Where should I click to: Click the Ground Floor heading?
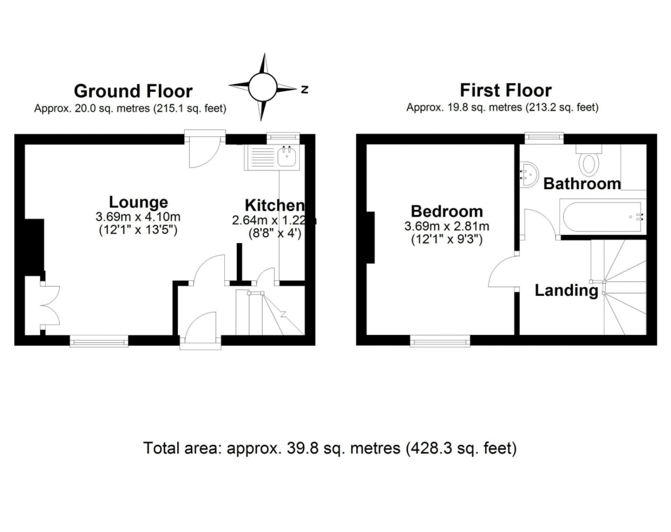tap(133, 91)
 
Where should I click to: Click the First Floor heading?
tap(505, 90)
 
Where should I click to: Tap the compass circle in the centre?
tap(263, 87)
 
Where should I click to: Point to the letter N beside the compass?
tap(305, 89)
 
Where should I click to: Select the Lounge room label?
tap(138, 202)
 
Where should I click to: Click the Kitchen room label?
tap(274, 205)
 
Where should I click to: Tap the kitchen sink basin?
tap(287, 157)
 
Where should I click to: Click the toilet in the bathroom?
tap(589, 162)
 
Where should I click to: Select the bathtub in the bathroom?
tap(602, 217)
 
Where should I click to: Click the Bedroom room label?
tap(447, 211)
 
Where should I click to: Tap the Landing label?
tap(565, 290)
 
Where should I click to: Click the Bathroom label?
tap(582, 183)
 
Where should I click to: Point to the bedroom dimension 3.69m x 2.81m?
tap(447, 226)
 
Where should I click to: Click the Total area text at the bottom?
tap(330, 448)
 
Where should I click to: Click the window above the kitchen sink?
tap(284, 137)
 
